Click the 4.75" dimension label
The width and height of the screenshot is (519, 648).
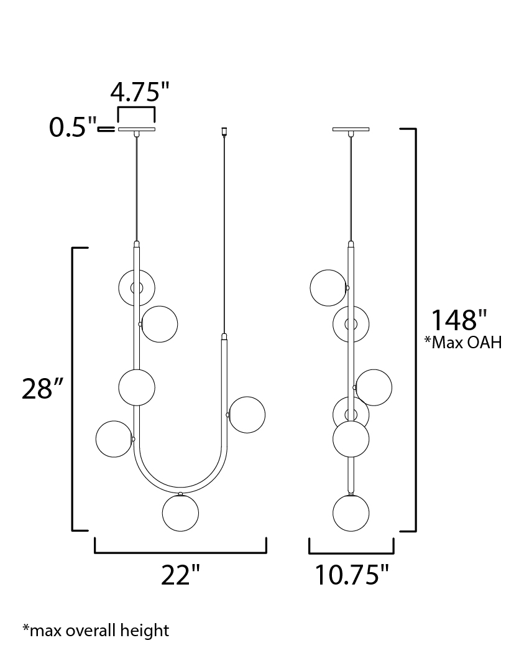click(140, 91)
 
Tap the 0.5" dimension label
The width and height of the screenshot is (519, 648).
click(73, 127)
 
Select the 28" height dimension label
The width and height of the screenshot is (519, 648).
click(42, 388)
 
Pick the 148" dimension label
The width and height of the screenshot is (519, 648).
click(459, 320)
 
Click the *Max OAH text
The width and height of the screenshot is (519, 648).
click(463, 342)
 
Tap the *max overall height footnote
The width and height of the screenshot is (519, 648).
click(96, 630)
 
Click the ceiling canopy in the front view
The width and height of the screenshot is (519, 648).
click(136, 129)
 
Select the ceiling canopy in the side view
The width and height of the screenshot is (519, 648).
click(351, 129)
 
